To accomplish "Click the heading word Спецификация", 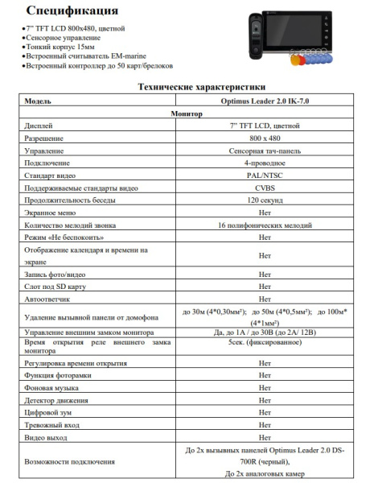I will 72,10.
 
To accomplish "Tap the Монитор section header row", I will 187,114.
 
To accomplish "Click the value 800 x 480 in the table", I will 265,138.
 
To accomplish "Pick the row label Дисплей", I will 39,126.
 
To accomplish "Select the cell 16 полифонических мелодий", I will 265,225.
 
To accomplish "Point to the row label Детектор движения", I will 55,400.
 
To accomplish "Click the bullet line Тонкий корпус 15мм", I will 57,47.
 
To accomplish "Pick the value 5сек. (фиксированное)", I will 265,343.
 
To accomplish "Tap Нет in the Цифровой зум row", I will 265,412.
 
